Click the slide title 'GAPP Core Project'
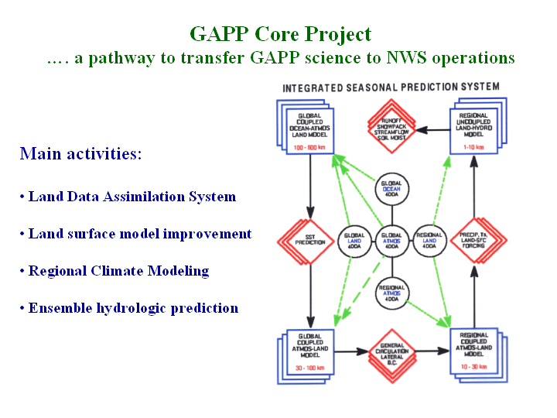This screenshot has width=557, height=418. point(280,34)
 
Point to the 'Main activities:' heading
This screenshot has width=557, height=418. point(80,153)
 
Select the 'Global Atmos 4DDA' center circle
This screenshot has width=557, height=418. point(391,240)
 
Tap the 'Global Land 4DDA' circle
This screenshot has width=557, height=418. point(355,240)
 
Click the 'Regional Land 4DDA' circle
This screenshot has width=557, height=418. point(430,240)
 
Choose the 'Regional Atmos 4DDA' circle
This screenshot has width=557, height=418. point(391,292)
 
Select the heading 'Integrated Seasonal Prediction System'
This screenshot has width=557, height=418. point(391,87)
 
